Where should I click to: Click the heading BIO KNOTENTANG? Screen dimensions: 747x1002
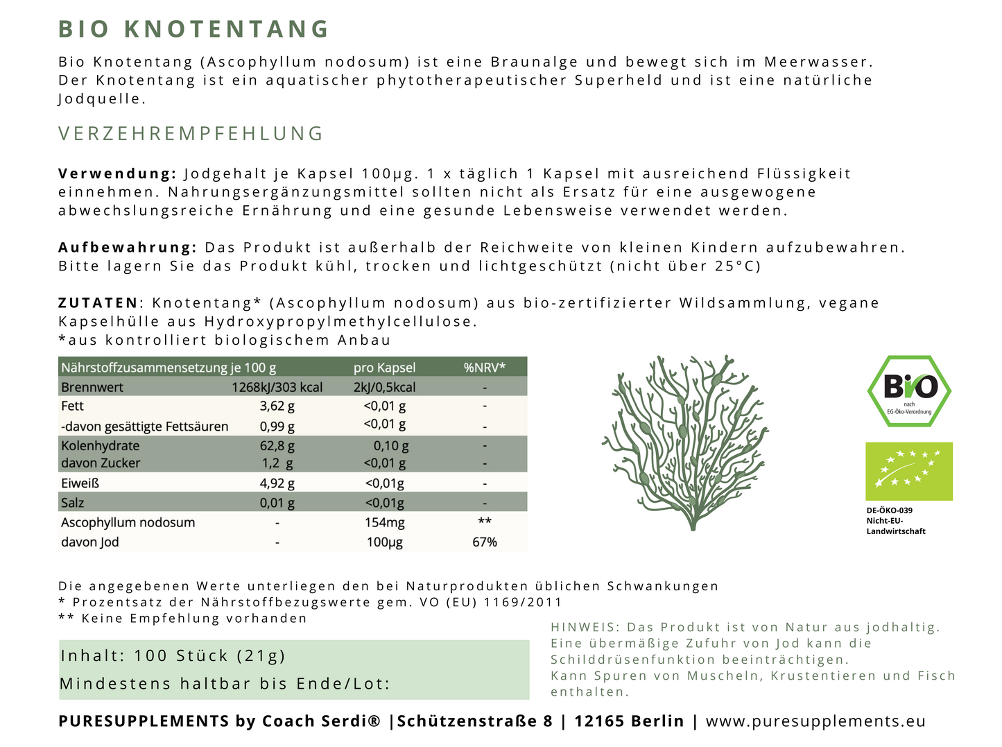193,29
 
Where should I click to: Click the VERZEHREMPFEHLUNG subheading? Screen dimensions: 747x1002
191,134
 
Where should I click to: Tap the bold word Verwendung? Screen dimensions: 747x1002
117,173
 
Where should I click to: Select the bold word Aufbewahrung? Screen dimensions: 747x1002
128,248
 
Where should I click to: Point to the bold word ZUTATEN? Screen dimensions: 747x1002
98,303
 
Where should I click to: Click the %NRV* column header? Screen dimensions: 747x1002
484,368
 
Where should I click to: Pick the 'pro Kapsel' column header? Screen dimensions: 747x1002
384,368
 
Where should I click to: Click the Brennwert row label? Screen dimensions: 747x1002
92,387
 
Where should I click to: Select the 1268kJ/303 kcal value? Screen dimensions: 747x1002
277,387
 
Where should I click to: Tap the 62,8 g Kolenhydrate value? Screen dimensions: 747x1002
277,446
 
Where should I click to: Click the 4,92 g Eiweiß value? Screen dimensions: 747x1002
277,483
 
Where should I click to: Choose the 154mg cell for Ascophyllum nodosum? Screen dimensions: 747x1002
384,522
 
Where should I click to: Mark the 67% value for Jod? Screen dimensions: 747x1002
484,542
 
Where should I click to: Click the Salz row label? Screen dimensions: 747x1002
72,503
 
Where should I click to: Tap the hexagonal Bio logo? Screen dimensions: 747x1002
909,391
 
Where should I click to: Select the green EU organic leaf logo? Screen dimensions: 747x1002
909,471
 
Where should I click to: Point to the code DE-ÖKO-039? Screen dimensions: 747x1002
890,510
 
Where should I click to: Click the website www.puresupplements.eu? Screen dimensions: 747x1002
815,721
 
